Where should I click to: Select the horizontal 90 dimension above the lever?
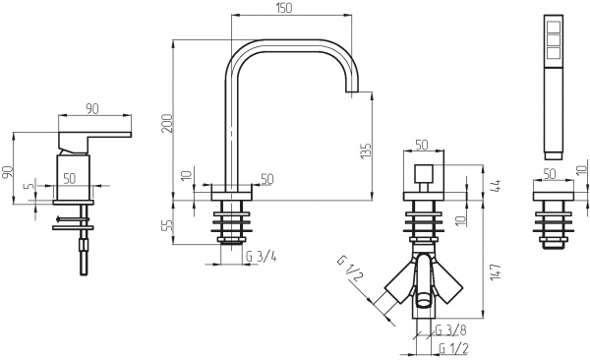(94, 108)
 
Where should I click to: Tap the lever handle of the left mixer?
(98, 133)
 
